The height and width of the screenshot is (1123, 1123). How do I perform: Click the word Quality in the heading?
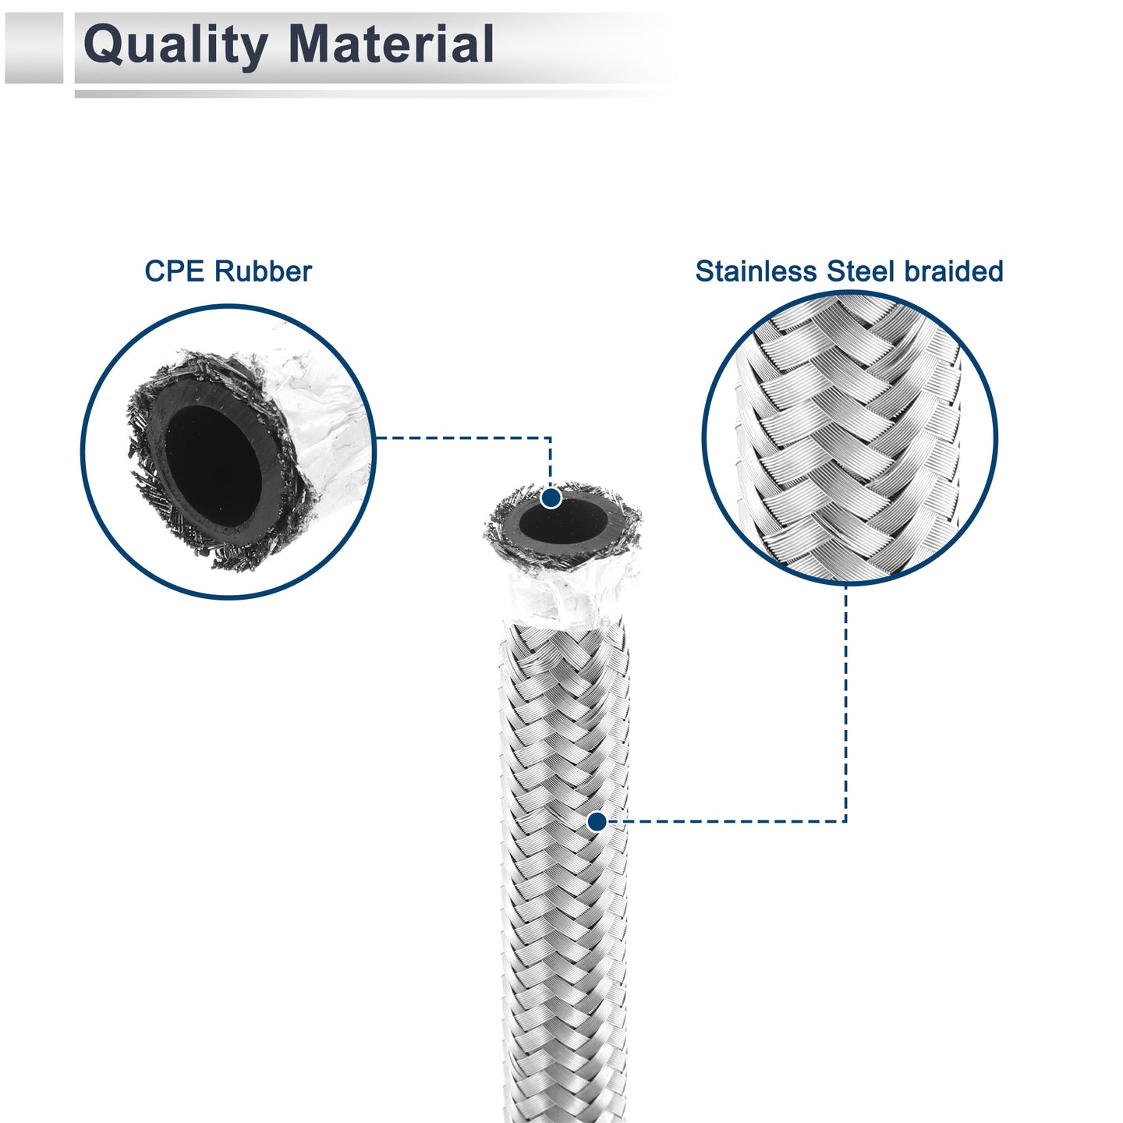pyautogui.click(x=175, y=45)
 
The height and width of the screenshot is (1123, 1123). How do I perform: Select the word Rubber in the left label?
pyautogui.click(x=263, y=271)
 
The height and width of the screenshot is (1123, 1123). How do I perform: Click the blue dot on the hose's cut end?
pyautogui.click(x=551, y=498)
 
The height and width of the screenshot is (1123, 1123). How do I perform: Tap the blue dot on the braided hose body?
pyautogui.click(x=596, y=822)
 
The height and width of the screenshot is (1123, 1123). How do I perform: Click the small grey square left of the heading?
pyautogui.click(x=34, y=48)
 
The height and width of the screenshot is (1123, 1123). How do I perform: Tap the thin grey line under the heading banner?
pyautogui.click(x=373, y=94)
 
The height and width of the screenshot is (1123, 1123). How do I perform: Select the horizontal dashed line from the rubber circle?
pyautogui.click(x=463, y=437)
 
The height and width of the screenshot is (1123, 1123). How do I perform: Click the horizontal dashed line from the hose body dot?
pyautogui.click(x=726, y=822)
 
